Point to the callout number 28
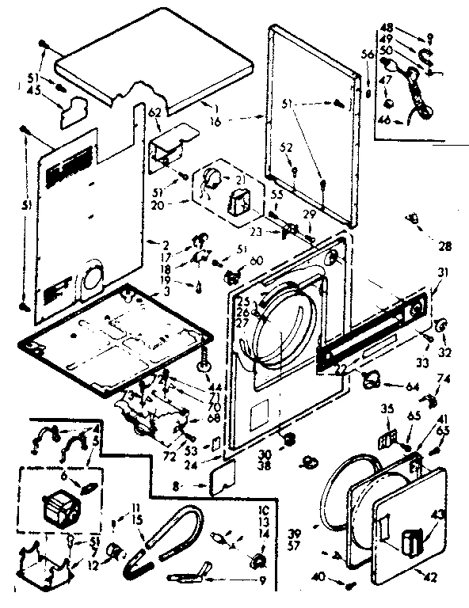(x=445, y=246)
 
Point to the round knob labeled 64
(x=369, y=380)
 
